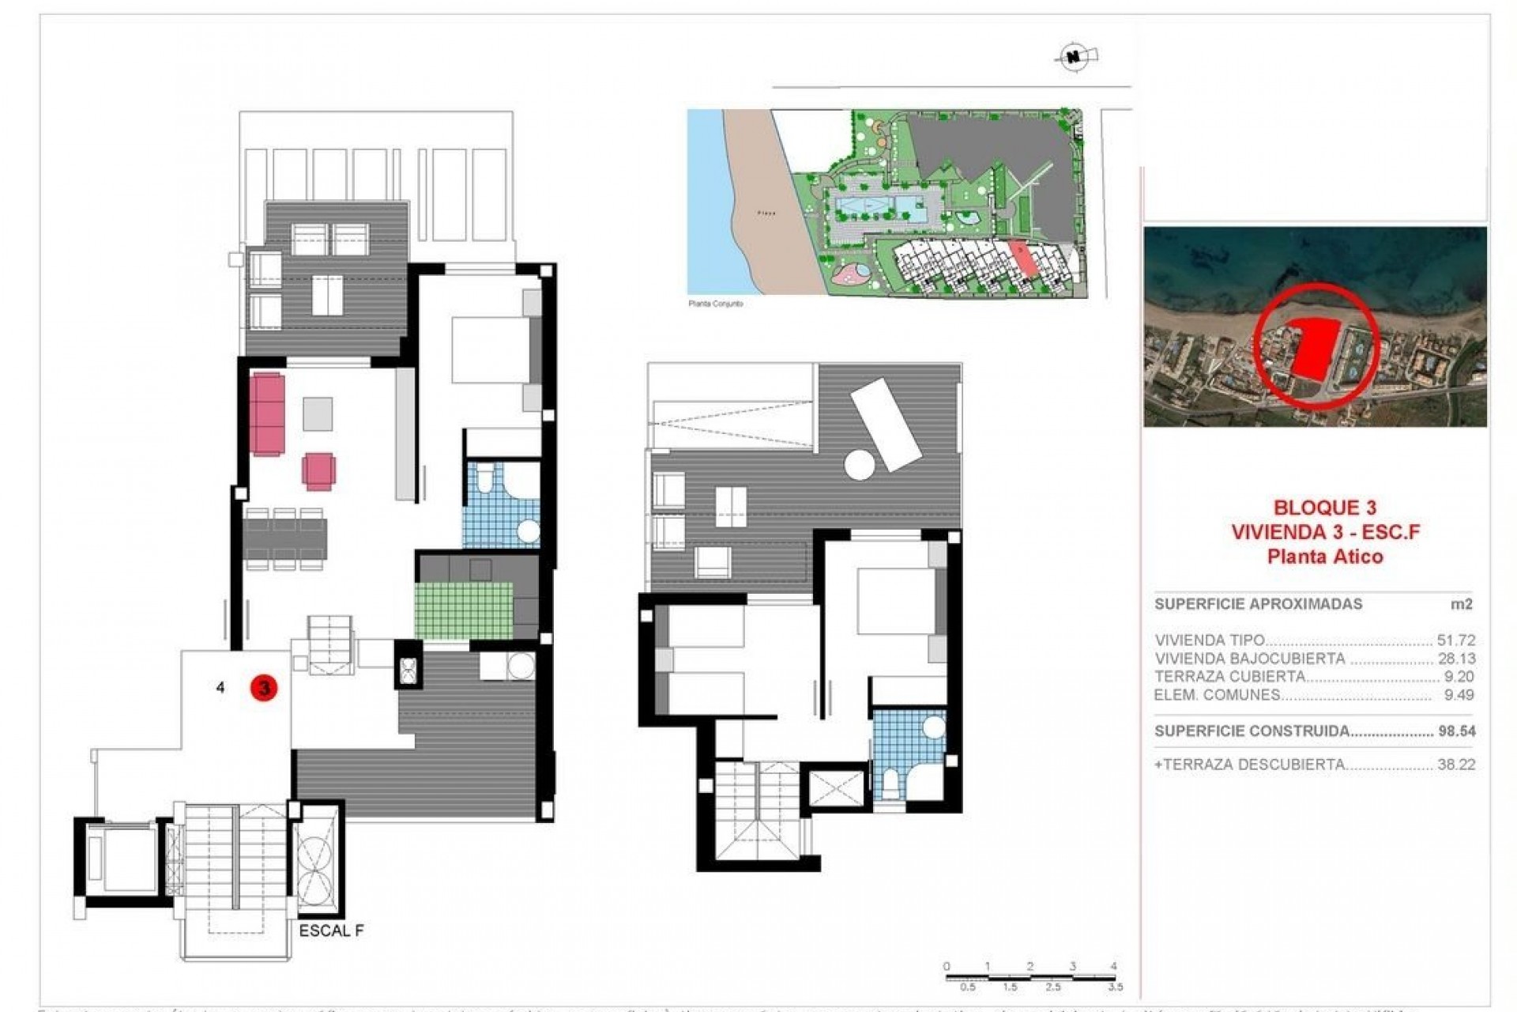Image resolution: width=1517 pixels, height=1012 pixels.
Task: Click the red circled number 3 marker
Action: coord(264,688)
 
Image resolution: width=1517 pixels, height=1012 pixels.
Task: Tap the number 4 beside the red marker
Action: coord(220,688)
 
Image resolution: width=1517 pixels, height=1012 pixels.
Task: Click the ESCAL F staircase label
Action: coord(331,931)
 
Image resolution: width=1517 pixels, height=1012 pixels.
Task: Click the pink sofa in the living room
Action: coord(267,413)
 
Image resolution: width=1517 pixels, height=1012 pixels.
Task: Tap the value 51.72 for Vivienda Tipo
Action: coord(1455,640)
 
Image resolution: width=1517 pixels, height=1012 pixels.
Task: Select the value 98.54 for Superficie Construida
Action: coord(1456,731)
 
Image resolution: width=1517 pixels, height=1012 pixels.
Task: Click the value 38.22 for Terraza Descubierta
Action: coord(1455,765)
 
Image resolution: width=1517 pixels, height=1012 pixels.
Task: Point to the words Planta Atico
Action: coord(1325,557)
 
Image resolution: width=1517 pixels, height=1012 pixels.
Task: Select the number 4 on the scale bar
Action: coord(1113,966)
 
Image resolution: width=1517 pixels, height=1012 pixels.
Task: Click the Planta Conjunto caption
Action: coord(716,304)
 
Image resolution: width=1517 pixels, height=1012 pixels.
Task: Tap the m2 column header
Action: coord(1460,604)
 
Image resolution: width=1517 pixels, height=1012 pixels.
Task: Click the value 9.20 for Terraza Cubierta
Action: coord(1459,677)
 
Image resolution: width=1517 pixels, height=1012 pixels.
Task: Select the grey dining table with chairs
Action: coord(284,539)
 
